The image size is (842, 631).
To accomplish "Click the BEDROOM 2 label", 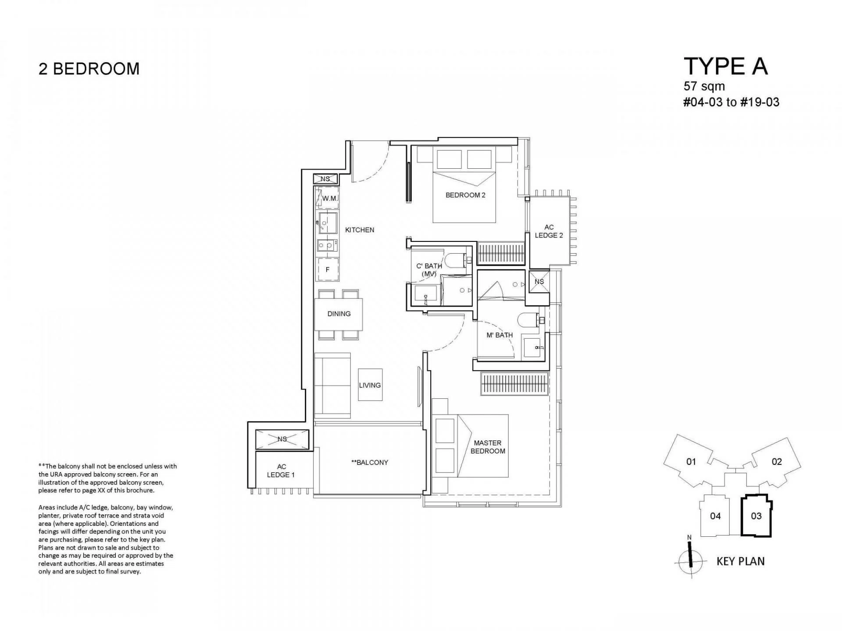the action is (465, 195).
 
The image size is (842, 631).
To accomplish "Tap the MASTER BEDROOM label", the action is (488, 447).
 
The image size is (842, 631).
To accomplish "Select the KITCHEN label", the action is (360, 230).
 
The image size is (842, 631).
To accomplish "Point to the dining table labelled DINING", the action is (339, 314).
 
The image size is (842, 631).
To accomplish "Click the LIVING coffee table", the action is (370, 384).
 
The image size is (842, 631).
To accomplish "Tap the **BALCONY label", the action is (370, 462).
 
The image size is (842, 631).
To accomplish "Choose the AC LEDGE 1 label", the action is (281, 471).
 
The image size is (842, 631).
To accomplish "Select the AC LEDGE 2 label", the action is (549, 231).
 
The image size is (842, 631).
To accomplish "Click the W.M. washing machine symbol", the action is (328, 198).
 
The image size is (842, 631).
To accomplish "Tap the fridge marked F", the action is (328, 269).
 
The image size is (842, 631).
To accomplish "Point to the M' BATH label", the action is (499, 335).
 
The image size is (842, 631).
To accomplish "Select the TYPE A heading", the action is (726, 66).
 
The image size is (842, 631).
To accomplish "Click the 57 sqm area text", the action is (704, 86).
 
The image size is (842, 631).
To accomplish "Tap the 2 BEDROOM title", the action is (89, 69).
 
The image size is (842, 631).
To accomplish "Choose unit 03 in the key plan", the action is (756, 516).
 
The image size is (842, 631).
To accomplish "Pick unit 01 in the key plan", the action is (691, 461).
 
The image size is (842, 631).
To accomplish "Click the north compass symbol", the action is (690, 560).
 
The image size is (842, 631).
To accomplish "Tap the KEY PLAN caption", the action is (740, 561).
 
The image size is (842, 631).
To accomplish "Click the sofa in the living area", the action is (332, 385).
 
